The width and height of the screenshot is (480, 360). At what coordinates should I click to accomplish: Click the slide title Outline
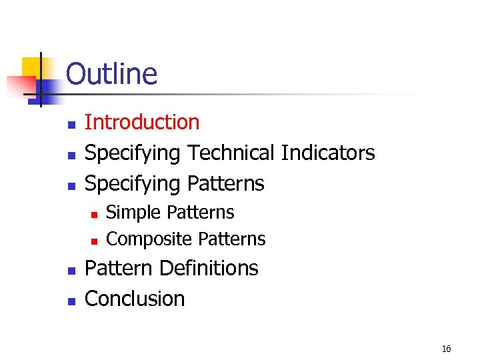[111, 74]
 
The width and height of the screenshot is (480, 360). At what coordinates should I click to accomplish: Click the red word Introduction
[142, 122]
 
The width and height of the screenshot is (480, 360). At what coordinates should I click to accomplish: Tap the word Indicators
[328, 153]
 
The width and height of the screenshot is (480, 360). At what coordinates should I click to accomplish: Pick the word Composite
[150, 239]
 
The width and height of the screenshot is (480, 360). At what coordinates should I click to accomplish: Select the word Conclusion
[135, 298]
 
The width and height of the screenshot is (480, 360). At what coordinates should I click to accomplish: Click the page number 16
[446, 349]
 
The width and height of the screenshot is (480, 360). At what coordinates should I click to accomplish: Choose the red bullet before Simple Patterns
[94, 214]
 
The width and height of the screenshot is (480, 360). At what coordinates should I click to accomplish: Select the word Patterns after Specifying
[225, 183]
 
